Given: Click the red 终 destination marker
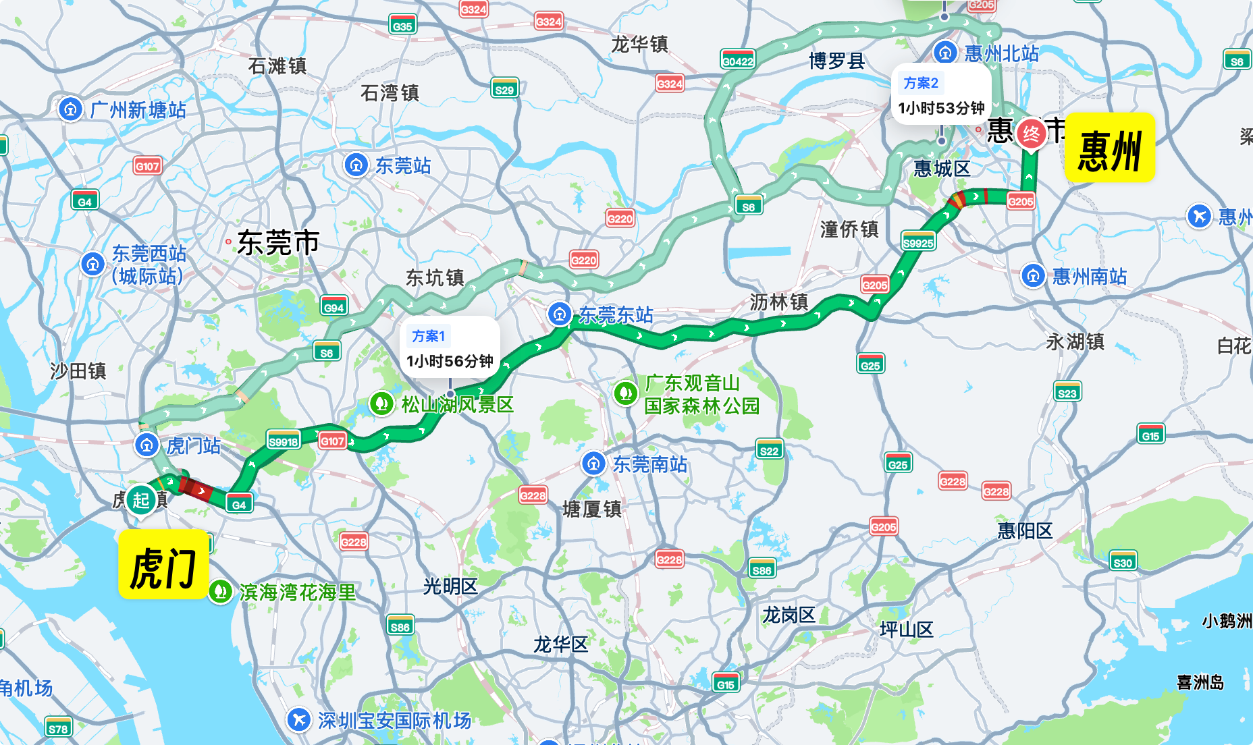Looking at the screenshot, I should (1031, 134).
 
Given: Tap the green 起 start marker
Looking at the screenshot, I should (141, 500).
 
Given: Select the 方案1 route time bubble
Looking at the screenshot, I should (450, 350).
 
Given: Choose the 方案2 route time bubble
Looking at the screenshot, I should (941, 95).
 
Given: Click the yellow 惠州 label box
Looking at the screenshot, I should (1109, 148).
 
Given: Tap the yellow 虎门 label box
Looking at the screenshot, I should (163, 565).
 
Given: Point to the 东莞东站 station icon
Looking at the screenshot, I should (560, 314).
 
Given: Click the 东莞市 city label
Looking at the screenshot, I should (278, 243).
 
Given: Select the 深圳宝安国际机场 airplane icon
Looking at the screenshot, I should (298, 719).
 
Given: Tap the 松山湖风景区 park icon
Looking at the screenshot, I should (381, 404).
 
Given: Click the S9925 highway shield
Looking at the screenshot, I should (918, 242).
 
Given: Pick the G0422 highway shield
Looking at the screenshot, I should (737, 61).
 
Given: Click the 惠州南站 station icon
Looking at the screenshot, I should (1033, 275).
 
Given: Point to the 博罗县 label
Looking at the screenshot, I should (837, 61).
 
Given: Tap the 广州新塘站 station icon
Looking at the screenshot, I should (70, 109).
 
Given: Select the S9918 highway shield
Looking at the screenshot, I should (284, 441).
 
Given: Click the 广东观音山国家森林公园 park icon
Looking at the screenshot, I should (625, 393).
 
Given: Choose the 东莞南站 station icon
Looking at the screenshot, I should (593, 464).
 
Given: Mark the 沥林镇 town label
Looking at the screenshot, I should (778, 302).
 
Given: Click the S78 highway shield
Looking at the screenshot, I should (58, 728).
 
